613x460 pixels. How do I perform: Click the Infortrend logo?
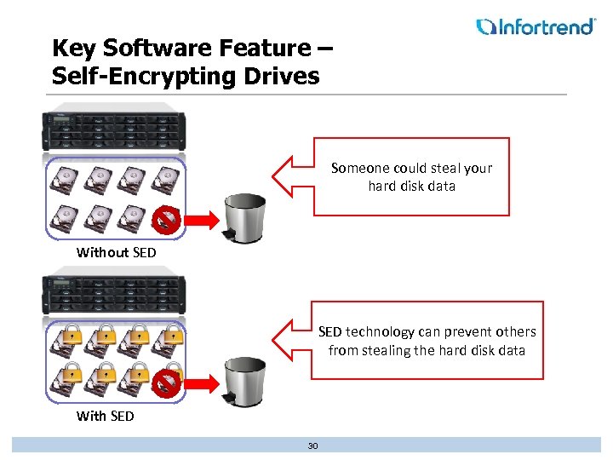point(536,26)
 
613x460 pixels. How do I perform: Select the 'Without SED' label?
point(117,252)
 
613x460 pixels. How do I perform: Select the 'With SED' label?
point(105,416)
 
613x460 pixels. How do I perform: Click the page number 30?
point(312,445)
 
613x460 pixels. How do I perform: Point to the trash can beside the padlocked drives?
point(244,380)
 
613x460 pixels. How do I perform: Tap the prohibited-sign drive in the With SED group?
point(166,383)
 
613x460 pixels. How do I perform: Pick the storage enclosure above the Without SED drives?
point(114,132)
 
